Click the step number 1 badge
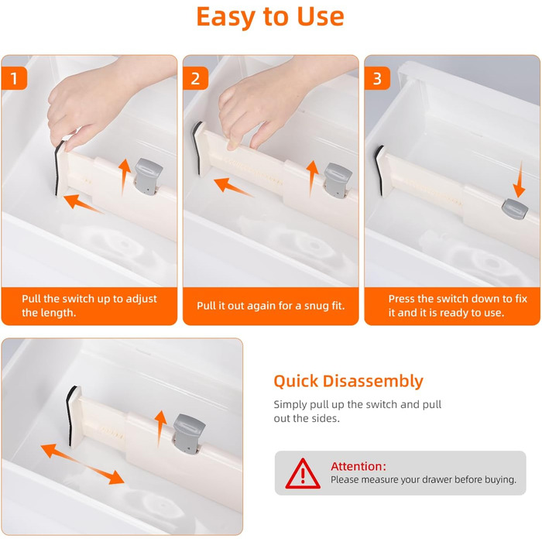(14, 78)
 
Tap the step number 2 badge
(196, 78)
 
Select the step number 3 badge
(377, 78)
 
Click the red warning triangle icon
(303, 474)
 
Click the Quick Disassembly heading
(348, 382)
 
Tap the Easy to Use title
(270, 16)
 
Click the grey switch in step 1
(149, 176)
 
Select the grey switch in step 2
(338, 180)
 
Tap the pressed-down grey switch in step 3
(515, 208)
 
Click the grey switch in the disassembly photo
(189, 434)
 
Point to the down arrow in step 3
(520, 179)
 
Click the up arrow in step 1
(124, 177)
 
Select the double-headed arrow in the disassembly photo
(82, 465)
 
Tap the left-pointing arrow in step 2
(233, 187)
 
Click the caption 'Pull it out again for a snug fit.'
(271, 306)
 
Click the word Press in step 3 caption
(403, 299)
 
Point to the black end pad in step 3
(379, 170)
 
